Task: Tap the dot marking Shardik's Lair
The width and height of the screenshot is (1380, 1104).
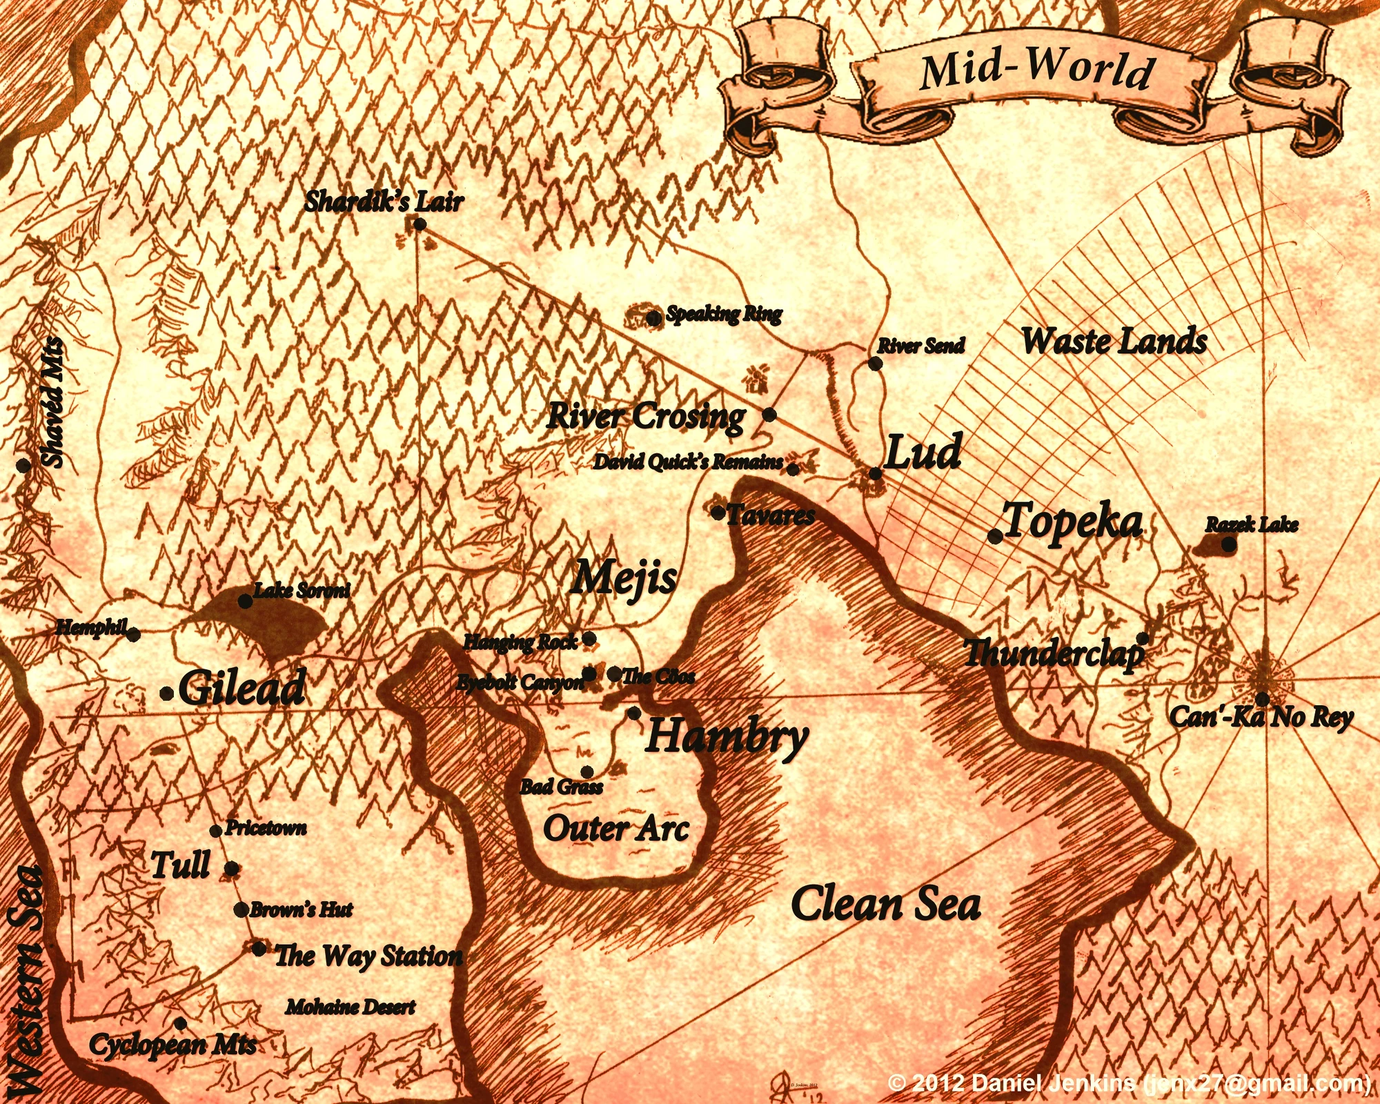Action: pyautogui.click(x=419, y=224)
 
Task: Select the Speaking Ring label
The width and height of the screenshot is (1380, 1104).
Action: pyautogui.click(x=724, y=315)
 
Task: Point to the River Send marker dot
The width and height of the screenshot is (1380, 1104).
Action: pyautogui.click(x=875, y=364)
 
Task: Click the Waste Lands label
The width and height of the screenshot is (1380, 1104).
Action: pyautogui.click(x=1114, y=341)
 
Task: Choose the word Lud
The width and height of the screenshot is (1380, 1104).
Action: pyautogui.click(x=923, y=453)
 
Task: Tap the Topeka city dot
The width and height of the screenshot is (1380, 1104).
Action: pyautogui.click(x=995, y=537)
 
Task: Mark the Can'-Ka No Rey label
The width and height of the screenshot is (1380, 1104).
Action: pyautogui.click(x=1261, y=717)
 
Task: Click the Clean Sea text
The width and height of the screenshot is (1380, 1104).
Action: pyautogui.click(x=885, y=904)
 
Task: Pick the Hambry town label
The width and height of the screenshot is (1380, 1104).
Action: pyautogui.click(x=727, y=736)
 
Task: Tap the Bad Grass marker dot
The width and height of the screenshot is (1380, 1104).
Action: pyautogui.click(x=586, y=771)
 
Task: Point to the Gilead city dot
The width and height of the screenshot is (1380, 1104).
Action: pyautogui.click(x=166, y=693)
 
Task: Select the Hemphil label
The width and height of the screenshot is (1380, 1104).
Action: pyautogui.click(x=92, y=627)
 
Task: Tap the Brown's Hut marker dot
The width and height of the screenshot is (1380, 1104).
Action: pyautogui.click(x=241, y=910)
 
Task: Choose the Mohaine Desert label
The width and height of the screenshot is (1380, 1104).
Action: pyautogui.click(x=351, y=1007)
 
